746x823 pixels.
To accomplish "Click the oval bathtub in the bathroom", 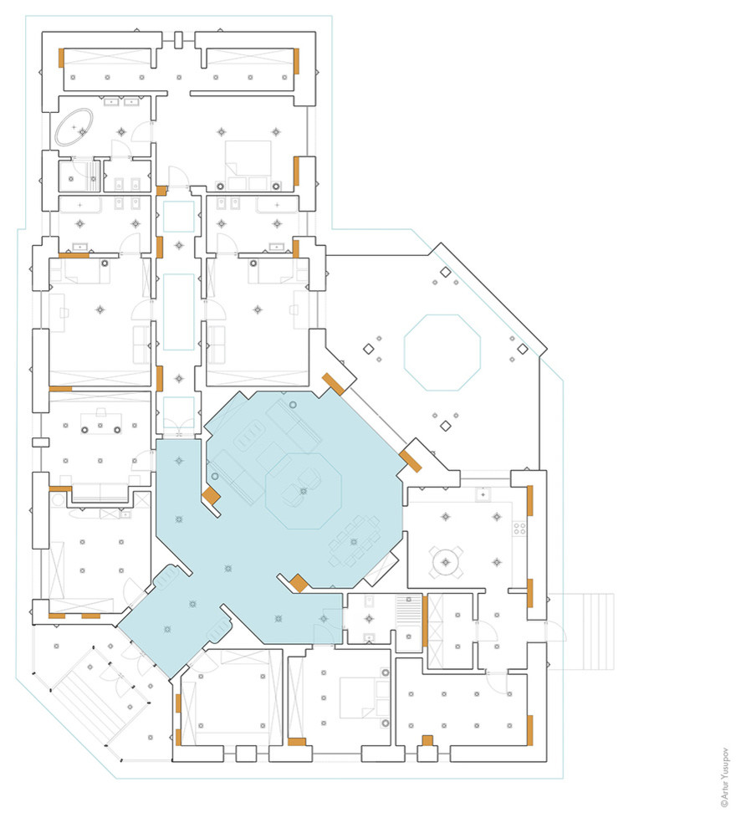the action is [x=74, y=127].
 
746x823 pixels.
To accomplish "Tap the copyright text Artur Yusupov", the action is [x=725, y=777].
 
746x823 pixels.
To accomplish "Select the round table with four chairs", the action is [x=447, y=561].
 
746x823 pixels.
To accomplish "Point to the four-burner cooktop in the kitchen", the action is [x=519, y=528].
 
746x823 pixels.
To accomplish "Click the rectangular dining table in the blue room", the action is [x=355, y=541].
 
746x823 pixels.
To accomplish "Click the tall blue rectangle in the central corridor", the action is [x=178, y=312].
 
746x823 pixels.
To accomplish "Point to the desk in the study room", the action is [x=101, y=421].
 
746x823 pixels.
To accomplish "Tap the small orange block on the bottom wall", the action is [x=427, y=740].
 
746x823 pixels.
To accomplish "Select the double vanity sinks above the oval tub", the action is [x=121, y=102].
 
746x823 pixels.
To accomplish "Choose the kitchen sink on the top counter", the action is [x=483, y=494].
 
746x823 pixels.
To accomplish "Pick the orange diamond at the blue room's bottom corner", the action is [x=299, y=583].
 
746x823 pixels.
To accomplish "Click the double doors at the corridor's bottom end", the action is [x=178, y=427].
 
